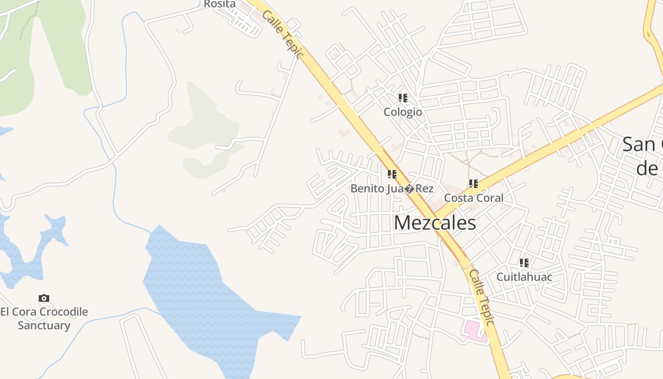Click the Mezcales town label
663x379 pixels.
click(435, 223)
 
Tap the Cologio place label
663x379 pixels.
click(403, 112)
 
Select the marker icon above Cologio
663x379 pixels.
click(403, 98)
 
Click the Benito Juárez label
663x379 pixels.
click(392, 189)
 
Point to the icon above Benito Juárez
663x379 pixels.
click(392, 174)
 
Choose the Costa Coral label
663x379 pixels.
click(474, 198)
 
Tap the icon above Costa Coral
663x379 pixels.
click(473, 183)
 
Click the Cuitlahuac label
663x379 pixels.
click(524, 276)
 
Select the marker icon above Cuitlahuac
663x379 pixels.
click(524, 262)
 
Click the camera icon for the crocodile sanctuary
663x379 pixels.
click(44, 298)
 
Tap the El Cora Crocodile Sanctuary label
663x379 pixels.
click(44, 318)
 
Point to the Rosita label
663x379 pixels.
click(220, 4)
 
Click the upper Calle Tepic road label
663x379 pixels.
click(282, 34)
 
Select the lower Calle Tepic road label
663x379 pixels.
click(482, 297)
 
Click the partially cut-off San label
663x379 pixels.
click(642, 144)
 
